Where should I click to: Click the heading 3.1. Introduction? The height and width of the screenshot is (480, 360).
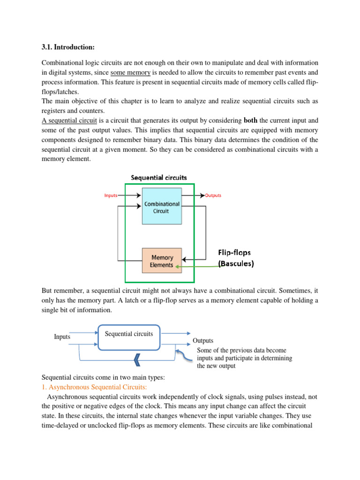(68, 47)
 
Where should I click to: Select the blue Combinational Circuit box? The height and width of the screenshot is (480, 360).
(162, 206)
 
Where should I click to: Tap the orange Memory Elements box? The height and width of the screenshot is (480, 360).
(162, 261)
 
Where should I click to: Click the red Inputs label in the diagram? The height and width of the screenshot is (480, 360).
(111, 195)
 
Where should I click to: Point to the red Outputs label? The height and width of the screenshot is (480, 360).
(213, 195)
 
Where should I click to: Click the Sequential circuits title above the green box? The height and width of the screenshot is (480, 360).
(159, 178)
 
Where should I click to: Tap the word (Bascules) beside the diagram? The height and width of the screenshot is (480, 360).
(236, 263)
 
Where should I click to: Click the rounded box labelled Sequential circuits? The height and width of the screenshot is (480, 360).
(129, 337)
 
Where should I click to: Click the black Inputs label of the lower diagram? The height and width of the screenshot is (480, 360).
(62, 337)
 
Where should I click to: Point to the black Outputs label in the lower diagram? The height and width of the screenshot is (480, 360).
(203, 341)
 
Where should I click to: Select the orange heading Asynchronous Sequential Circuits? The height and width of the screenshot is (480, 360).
(94, 387)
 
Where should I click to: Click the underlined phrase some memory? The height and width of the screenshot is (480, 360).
(130, 73)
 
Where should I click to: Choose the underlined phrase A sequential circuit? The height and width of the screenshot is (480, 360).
(69, 120)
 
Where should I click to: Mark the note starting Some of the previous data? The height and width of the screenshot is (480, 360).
(244, 358)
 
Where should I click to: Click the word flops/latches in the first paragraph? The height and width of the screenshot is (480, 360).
(60, 92)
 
